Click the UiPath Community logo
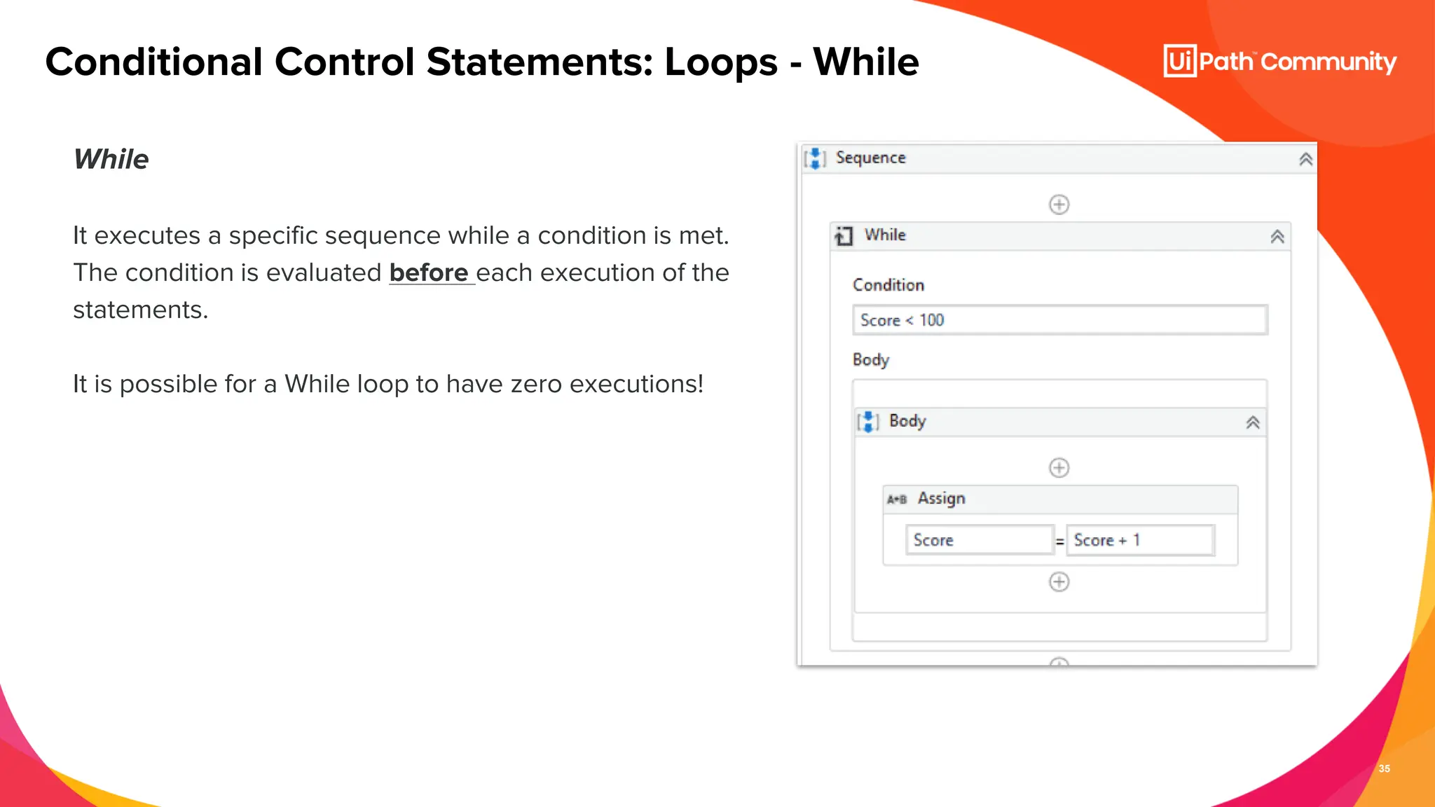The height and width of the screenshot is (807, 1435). point(1279,62)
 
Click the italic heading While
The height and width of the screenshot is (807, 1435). point(111,160)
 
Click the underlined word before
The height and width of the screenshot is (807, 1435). point(429,273)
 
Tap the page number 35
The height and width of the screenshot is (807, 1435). point(1384,768)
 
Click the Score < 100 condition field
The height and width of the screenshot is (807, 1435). point(1059,320)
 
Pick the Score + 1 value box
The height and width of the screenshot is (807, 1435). point(1139,540)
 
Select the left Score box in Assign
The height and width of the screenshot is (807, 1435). point(979,540)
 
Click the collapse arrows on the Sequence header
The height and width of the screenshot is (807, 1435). point(1305,160)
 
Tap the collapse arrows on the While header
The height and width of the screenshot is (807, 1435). point(1277,237)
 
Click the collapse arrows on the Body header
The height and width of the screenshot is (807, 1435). point(1252,422)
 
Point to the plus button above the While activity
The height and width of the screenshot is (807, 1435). point(1059,205)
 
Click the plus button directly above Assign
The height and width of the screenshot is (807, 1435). point(1059,467)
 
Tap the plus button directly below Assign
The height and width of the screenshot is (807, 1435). point(1059,581)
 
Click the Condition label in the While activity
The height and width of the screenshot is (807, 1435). point(888,285)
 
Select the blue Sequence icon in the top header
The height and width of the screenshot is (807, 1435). point(815,159)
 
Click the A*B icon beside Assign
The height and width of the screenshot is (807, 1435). point(897,499)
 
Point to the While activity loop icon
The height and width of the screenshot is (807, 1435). point(844,236)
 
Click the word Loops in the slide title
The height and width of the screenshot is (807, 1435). point(720,62)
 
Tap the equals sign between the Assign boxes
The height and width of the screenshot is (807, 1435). point(1059,542)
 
